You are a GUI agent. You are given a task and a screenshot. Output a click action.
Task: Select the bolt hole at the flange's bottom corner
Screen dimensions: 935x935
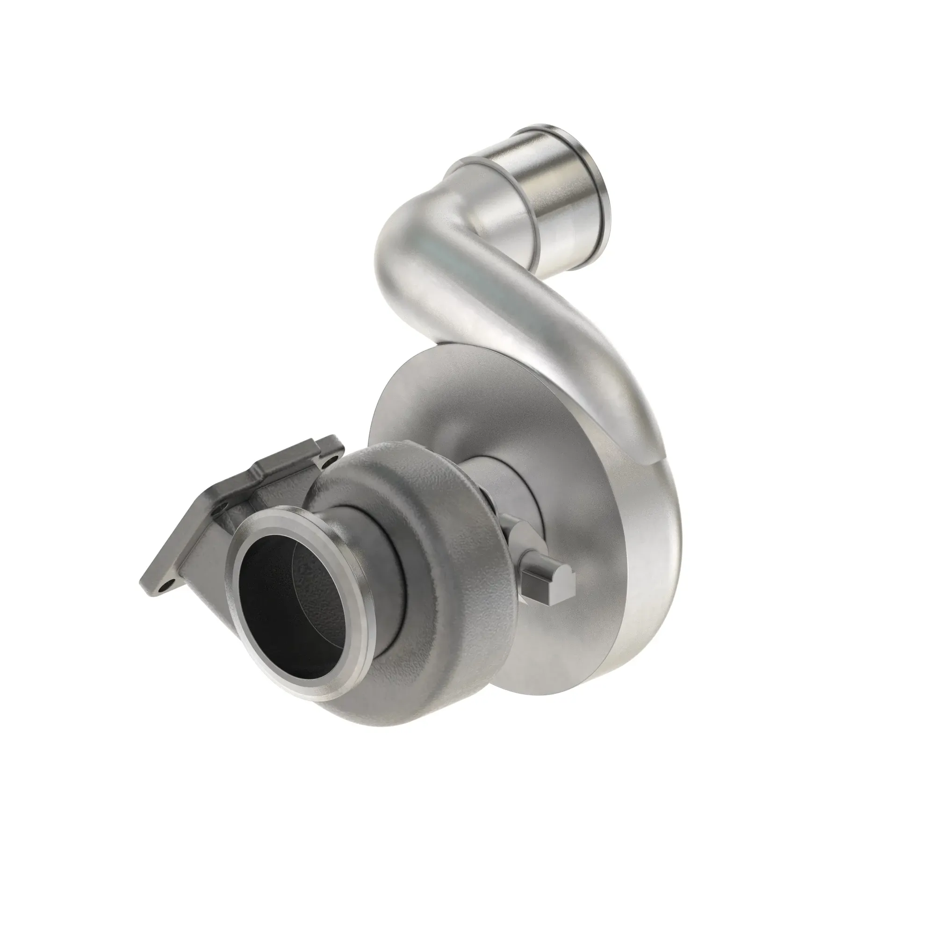[167, 585]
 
